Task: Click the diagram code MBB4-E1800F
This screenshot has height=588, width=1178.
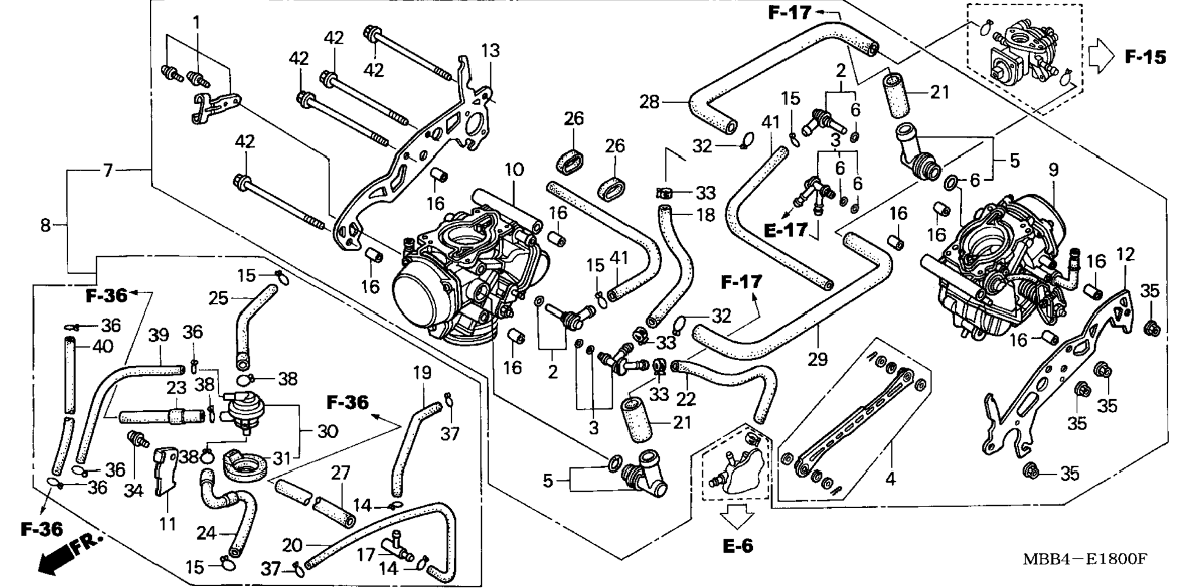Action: click(1084, 559)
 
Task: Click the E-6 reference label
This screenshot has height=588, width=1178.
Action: click(738, 546)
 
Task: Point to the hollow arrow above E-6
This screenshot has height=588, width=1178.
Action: click(737, 518)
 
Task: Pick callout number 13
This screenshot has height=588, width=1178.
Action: click(490, 51)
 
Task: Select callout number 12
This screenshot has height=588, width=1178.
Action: click(1125, 254)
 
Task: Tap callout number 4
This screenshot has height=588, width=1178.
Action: click(891, 479)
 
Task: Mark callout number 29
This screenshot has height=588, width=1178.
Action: click(817, 360)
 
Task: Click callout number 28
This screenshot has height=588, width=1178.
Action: click(650, 101)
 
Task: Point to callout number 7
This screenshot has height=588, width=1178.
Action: click(108, 171)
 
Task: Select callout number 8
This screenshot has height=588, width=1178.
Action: click(46, 225)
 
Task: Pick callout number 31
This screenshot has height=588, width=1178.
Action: click(281, 458)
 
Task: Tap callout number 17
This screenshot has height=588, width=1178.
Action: click(365, 554)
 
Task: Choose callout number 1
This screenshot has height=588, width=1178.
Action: click(196, 23)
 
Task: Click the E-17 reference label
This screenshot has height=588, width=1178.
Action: click(785, 230)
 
